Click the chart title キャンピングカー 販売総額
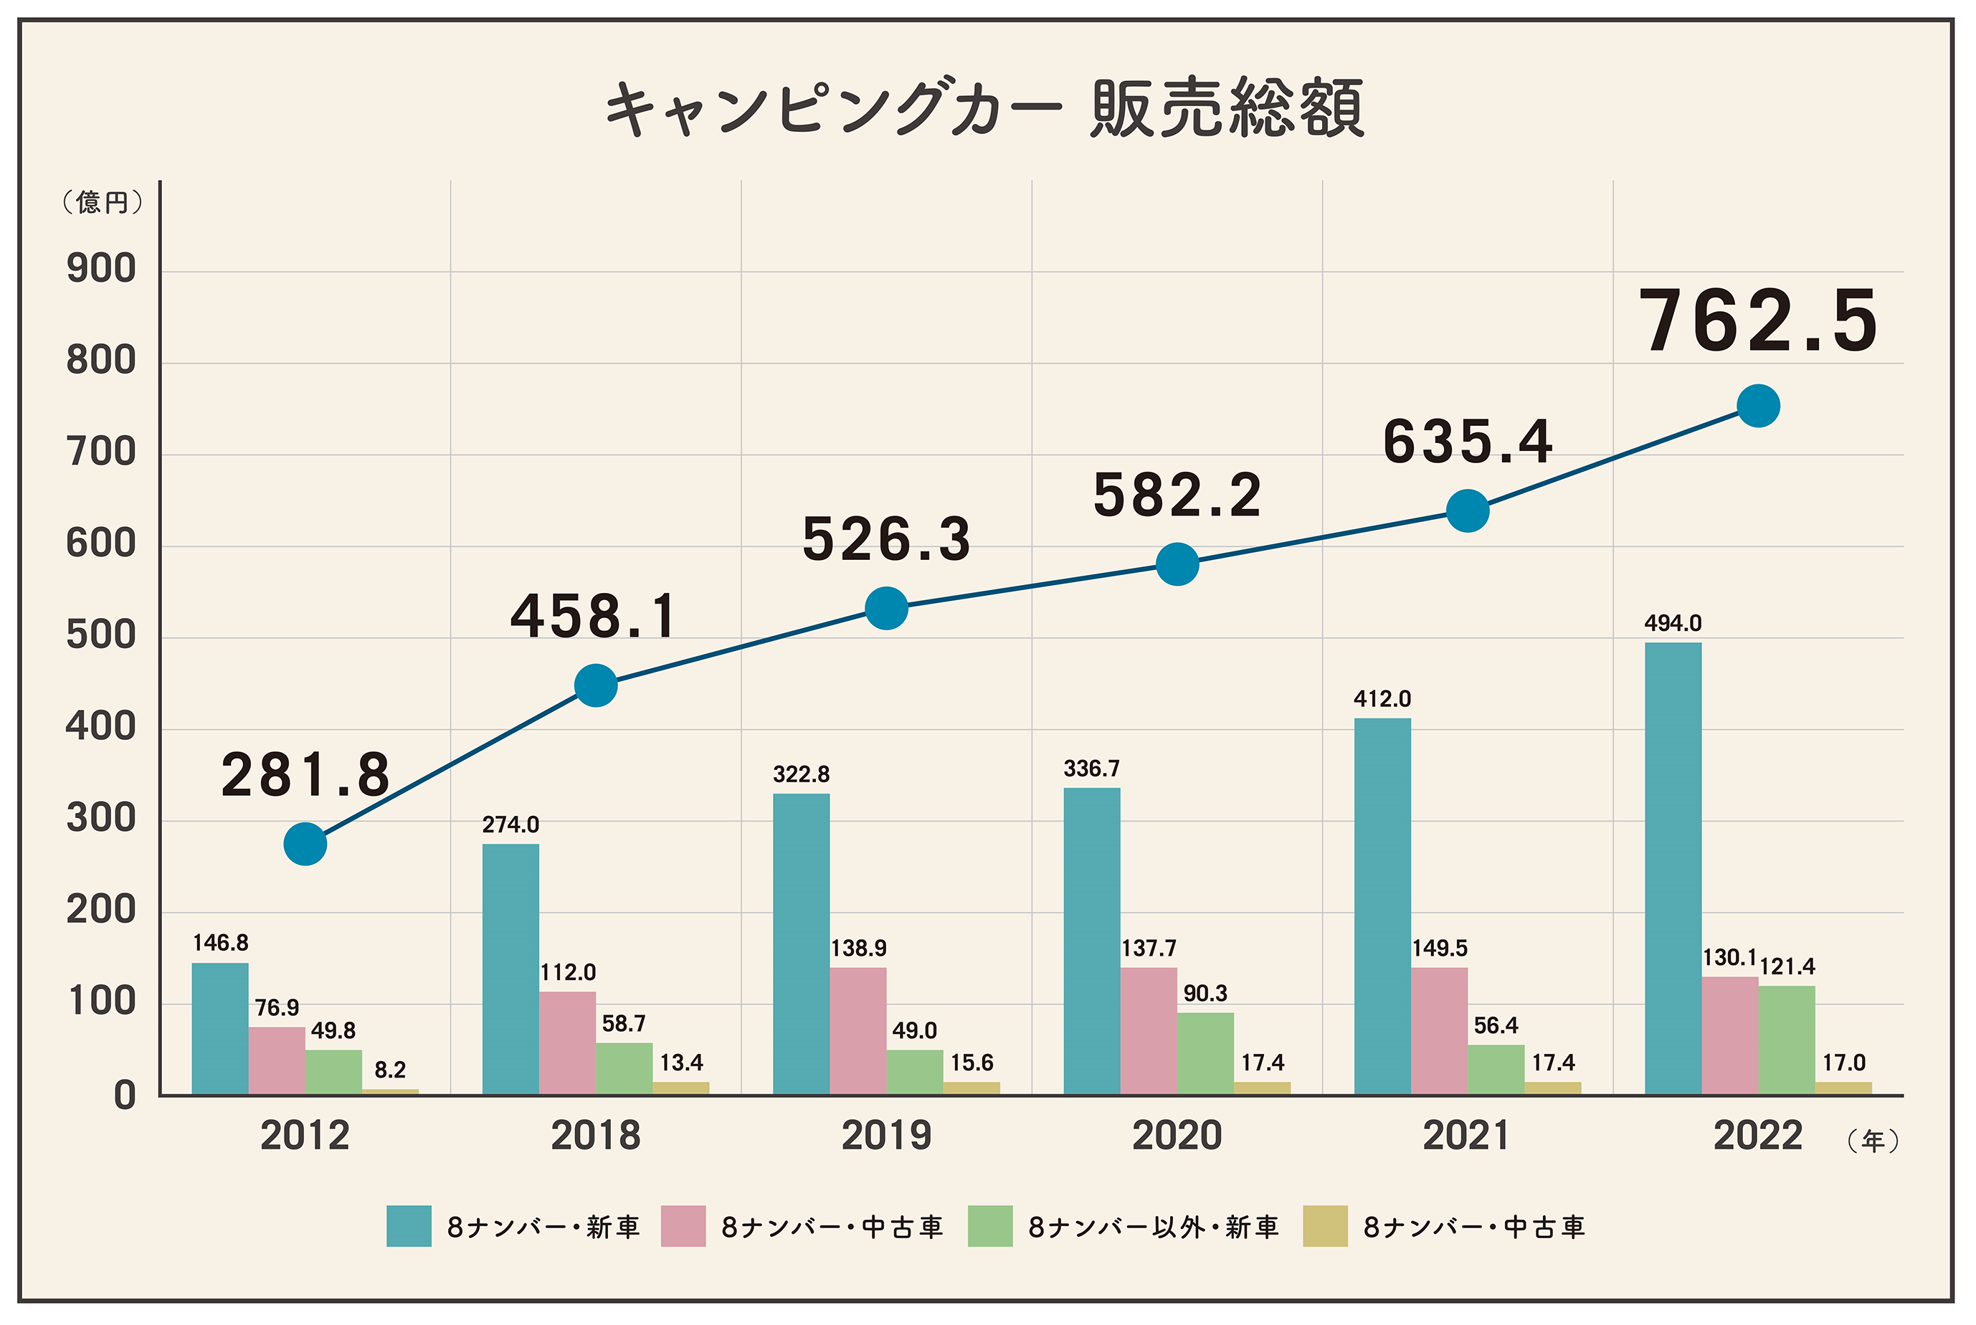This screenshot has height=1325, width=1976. tap(985, 108)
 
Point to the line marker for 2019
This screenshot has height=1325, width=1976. tap(886, 609)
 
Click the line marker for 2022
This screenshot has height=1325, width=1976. tap(1758, 407)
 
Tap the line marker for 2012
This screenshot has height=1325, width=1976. tap(305, 843)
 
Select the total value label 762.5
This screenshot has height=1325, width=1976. tap(1758, 322)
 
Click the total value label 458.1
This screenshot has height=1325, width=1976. tap(594, 616)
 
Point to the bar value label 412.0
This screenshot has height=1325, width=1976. tap(1382, 699)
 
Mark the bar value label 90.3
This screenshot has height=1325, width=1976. tap(1205, 993)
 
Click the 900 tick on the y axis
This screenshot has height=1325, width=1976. tap(101, 270)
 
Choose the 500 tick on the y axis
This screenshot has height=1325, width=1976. tap(101, 635)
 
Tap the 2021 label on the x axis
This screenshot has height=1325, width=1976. tap(1466, 1135)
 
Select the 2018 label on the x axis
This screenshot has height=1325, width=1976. tap(595, 1135)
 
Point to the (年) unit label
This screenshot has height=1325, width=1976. tap(1873, 1141)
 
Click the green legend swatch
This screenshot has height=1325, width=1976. tap(989, 1226)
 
